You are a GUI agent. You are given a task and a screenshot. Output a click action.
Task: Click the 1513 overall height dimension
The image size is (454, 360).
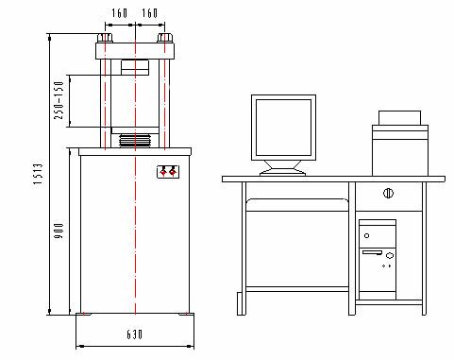[38, 174]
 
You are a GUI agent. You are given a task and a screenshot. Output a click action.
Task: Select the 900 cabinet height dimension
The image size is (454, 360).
[59, 231]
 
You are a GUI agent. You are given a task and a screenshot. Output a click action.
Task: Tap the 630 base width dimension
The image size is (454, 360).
[135, 334]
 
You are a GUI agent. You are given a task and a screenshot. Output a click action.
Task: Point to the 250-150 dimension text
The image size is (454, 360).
[59, 100]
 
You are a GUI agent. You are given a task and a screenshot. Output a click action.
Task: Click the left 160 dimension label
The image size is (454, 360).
[120, 13]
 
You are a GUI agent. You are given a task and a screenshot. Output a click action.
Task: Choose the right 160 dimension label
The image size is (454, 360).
[150, 13]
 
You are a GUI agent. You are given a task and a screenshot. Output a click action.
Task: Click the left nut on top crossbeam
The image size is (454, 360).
[105, 38]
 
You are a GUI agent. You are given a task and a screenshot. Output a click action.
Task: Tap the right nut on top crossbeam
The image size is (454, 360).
[165, 38]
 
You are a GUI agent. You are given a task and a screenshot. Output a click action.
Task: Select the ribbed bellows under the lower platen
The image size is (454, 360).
[135, 140]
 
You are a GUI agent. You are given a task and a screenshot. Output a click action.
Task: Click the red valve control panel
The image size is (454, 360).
[168, 172]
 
